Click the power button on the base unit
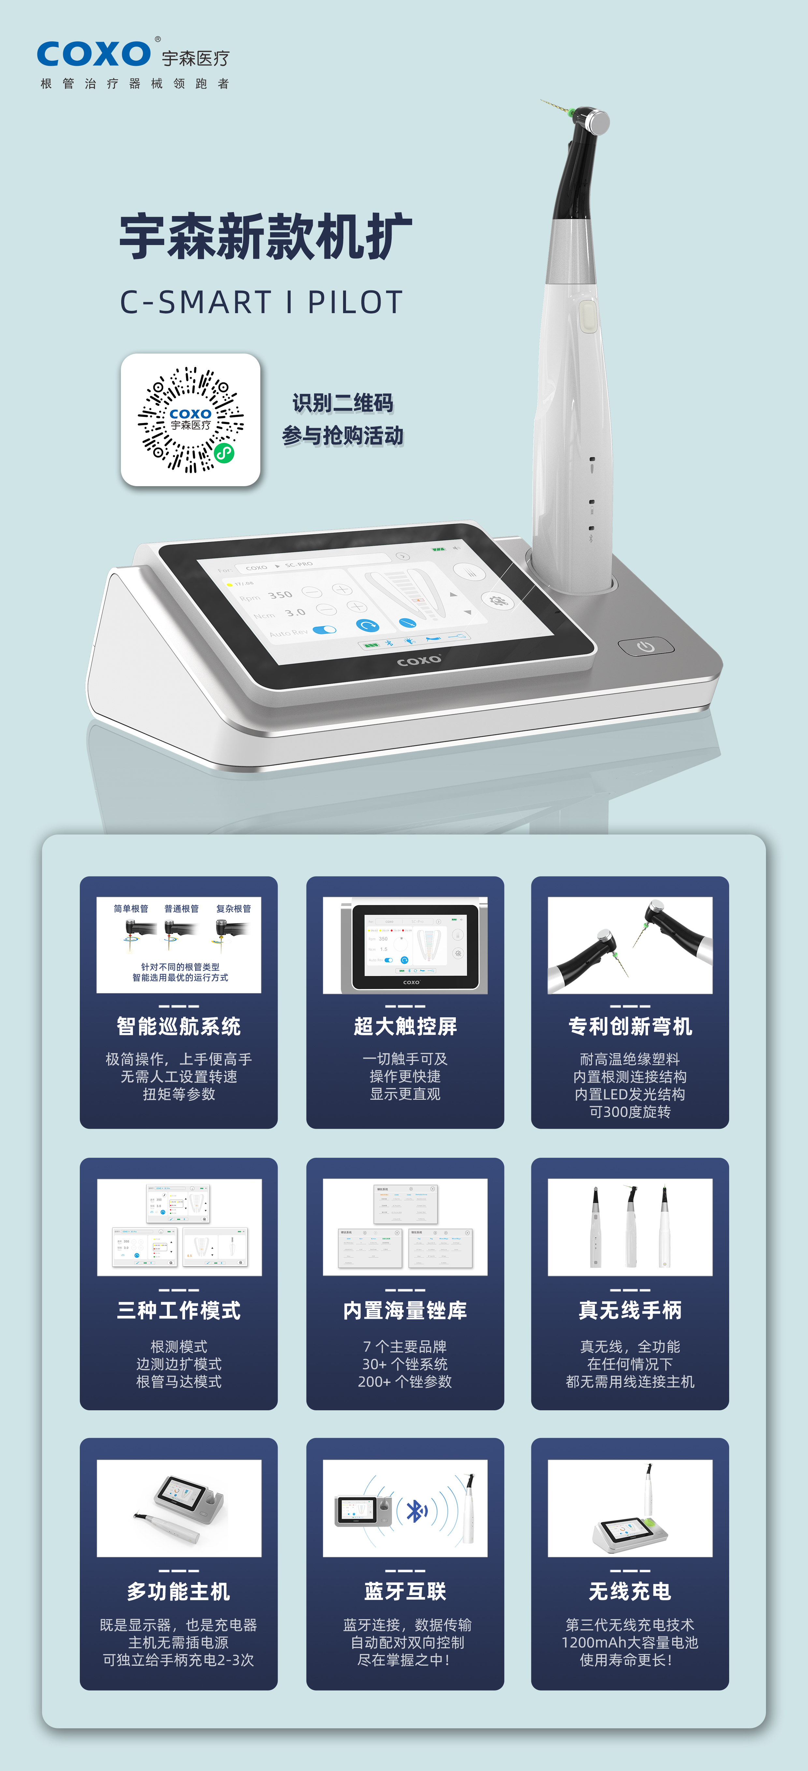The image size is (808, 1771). click(x=645, y=646)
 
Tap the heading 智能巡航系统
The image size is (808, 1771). click(x=179, y=1026)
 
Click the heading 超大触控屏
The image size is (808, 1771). click(x=405, y=1026)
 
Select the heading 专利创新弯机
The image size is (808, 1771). click(x=630, y=1026)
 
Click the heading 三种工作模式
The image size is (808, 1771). click(x=179, y=1310)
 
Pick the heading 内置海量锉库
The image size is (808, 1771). click(x=405, y=1310)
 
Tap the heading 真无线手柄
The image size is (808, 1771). click(x=630, y=1310)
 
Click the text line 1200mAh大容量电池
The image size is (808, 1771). click(x=630, y=1642)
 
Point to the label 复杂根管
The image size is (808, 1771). click(x=234, y=909)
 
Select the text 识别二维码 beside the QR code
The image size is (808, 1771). click(x=342, y=403)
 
